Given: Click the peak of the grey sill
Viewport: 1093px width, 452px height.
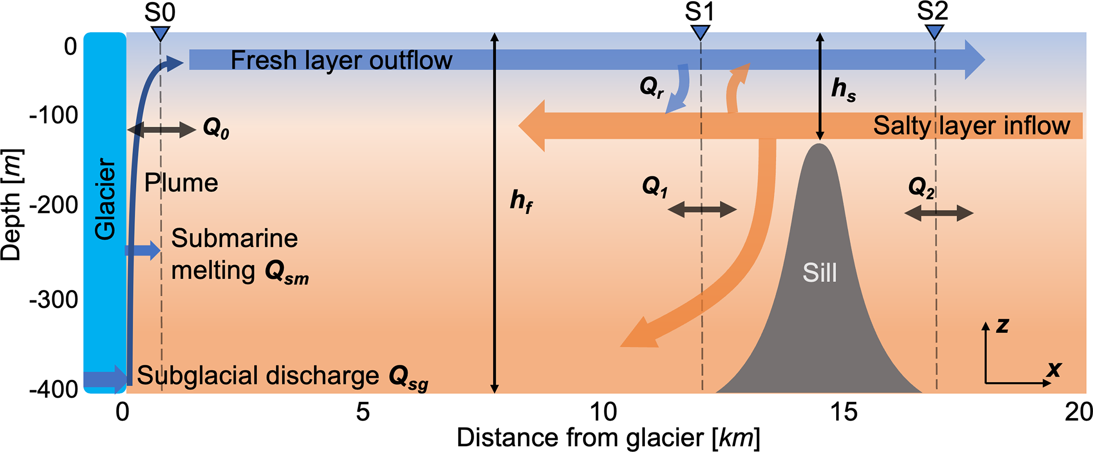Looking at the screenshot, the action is click(x=819, y=144).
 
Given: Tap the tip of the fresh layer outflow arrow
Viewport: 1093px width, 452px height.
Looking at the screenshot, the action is click(x=985, y=60).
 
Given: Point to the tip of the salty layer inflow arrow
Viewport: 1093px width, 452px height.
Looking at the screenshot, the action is click(x=518, y=126).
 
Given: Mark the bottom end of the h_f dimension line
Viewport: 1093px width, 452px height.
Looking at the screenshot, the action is click(x=494, y=393).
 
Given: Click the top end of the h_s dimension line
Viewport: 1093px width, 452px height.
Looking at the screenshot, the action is click(x=820, y=33).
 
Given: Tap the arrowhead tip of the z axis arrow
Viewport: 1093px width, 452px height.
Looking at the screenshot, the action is click(x=986, y=322).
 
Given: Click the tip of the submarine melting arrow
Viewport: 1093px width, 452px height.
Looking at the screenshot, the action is click(x=161, y=250).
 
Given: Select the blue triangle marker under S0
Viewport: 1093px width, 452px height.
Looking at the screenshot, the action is click(x=160, y=34).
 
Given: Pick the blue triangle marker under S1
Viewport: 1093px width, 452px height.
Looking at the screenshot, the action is click(x=700, y=33).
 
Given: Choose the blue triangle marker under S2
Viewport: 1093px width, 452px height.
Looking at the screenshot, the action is click(x=934, y=32).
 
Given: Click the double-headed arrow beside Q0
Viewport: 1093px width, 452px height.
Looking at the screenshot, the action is click(x=162, y=129).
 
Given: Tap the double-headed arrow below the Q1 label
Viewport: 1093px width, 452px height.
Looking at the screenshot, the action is click(x=702, y=210).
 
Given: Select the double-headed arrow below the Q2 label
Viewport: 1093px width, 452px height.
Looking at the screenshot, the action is click(x=939, y=213).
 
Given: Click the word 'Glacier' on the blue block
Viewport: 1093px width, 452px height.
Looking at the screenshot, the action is click(x=105, y=199).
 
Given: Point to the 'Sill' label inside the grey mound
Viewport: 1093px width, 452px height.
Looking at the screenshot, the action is click(x=820, y=273).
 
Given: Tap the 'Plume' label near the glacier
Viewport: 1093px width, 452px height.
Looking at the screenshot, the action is click(x=181, y=183).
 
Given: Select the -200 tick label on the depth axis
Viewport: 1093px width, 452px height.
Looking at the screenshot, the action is click(x=53, y=205).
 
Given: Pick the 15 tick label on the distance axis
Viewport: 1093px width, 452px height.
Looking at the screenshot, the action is click(x=844, y=412).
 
